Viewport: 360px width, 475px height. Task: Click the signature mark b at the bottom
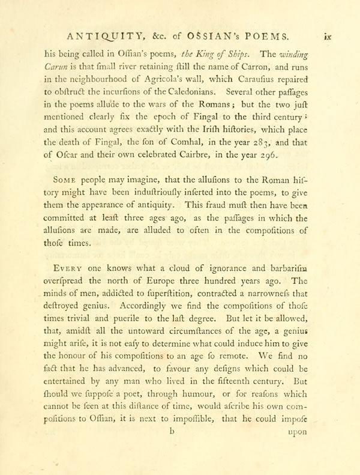click(x=173, y=446)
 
